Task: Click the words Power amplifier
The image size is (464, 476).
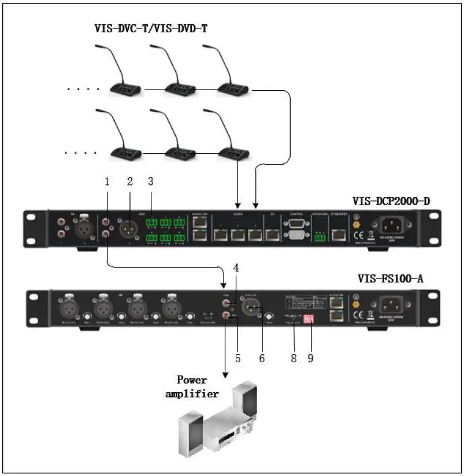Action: (x=199, y=387)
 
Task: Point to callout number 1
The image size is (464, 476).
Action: (x=107, y=181)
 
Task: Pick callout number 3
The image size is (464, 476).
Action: (x=151, y=181)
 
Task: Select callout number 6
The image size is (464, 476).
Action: (x=261, y=358)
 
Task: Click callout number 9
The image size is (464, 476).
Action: (x=310, y=358)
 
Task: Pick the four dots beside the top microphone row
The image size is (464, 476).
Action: (x=83, y=89)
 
